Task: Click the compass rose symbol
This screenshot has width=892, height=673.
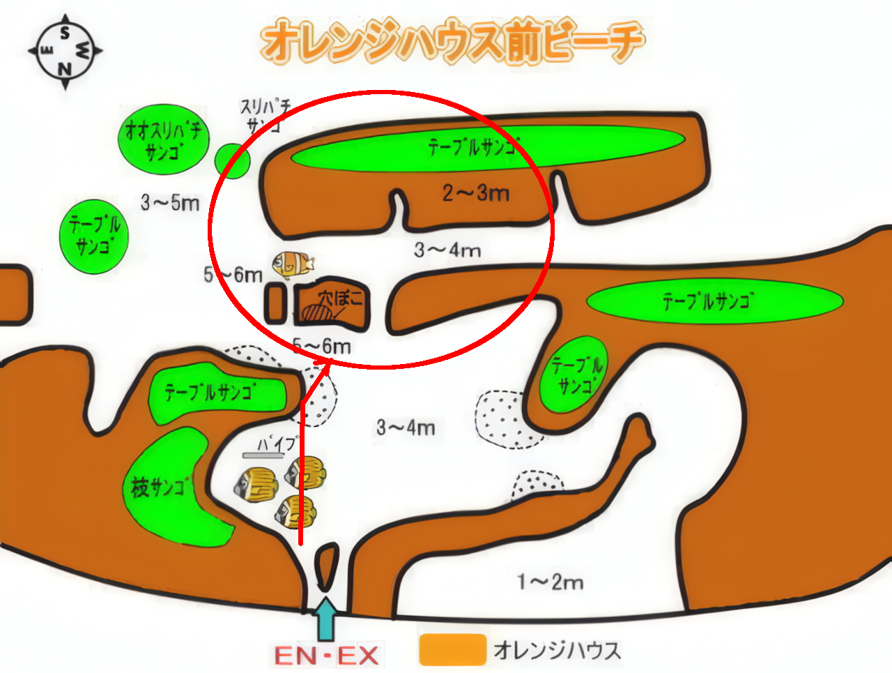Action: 65,52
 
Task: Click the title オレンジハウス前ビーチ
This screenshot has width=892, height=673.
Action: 452,41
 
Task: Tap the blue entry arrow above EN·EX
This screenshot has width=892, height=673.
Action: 326,619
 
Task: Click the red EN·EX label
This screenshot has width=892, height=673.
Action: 326,655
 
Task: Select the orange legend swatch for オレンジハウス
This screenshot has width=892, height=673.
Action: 453,649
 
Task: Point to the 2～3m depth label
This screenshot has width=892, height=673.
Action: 476,192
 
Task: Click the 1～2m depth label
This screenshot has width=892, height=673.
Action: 551,582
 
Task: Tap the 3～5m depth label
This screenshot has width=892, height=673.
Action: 170,202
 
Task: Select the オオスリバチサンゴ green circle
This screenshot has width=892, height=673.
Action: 163,139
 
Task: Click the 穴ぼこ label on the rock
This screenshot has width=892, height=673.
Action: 341,298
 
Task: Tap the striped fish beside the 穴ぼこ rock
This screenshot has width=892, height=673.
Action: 293,264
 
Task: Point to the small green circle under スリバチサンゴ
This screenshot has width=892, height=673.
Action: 232,161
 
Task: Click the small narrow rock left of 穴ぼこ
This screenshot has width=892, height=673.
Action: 275,303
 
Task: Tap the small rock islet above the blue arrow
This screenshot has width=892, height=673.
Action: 325,567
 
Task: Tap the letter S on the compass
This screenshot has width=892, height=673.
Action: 65,33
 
